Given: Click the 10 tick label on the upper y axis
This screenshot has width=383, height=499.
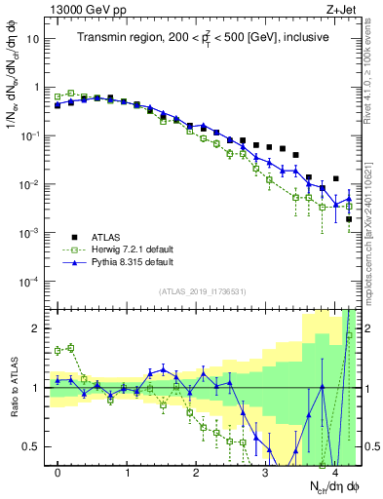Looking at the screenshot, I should click(33, 39).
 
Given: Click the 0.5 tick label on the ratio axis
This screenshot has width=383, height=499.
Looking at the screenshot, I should click(33, 447).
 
